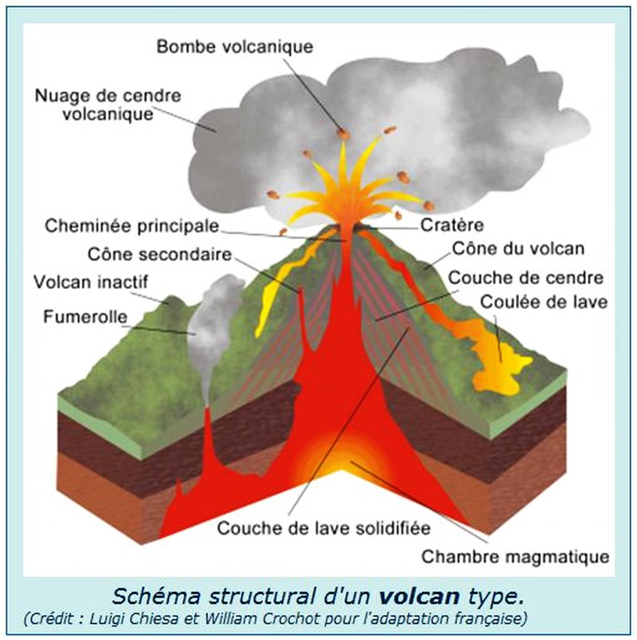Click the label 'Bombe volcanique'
click(235, 47)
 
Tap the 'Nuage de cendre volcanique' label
click(108, 105)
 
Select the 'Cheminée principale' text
click(132, 225)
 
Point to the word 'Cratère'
click(452, 225)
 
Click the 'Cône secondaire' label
click(159, 254)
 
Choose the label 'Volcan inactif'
click(91, 282)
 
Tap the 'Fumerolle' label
click(85, 317)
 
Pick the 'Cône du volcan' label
click(518, 248)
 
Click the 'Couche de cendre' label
click(526, 278)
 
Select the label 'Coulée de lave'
click(544, 302)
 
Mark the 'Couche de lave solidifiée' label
click(323, 529)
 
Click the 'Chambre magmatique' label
click(515, 556)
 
